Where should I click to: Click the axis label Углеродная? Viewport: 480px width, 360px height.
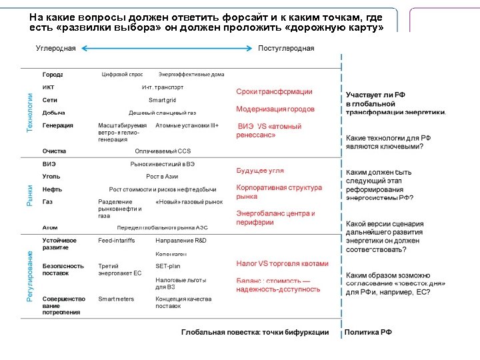[55, 49]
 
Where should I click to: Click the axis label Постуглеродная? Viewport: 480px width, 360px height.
[286, 49]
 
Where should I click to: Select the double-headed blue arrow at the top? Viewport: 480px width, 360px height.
[167, 49]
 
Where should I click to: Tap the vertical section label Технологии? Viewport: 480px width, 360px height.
[29, 112]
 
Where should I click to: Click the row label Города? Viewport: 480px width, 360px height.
[53, 74]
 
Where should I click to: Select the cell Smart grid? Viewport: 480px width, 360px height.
[162, 100]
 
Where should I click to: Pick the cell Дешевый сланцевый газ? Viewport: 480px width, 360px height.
[162, 113]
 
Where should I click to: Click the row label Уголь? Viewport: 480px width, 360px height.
[51, 176]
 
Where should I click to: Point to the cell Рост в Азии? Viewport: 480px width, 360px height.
[162, 176]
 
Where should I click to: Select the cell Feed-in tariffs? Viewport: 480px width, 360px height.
[117, 240]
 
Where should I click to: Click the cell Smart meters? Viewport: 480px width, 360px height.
[116, 299]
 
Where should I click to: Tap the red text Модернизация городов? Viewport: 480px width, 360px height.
[275, 109]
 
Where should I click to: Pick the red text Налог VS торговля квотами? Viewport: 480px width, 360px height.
[282, 263]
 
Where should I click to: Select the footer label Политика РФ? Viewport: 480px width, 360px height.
[367, 332]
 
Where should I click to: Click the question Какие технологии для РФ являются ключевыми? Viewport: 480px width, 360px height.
[389, 141]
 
